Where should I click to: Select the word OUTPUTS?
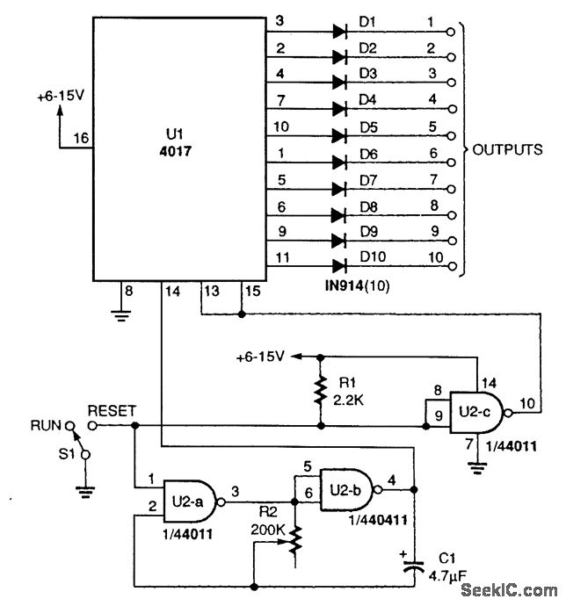tap(507, 149)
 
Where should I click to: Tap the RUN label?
tap(46, 426)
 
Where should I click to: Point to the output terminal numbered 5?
tap(452, 137)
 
